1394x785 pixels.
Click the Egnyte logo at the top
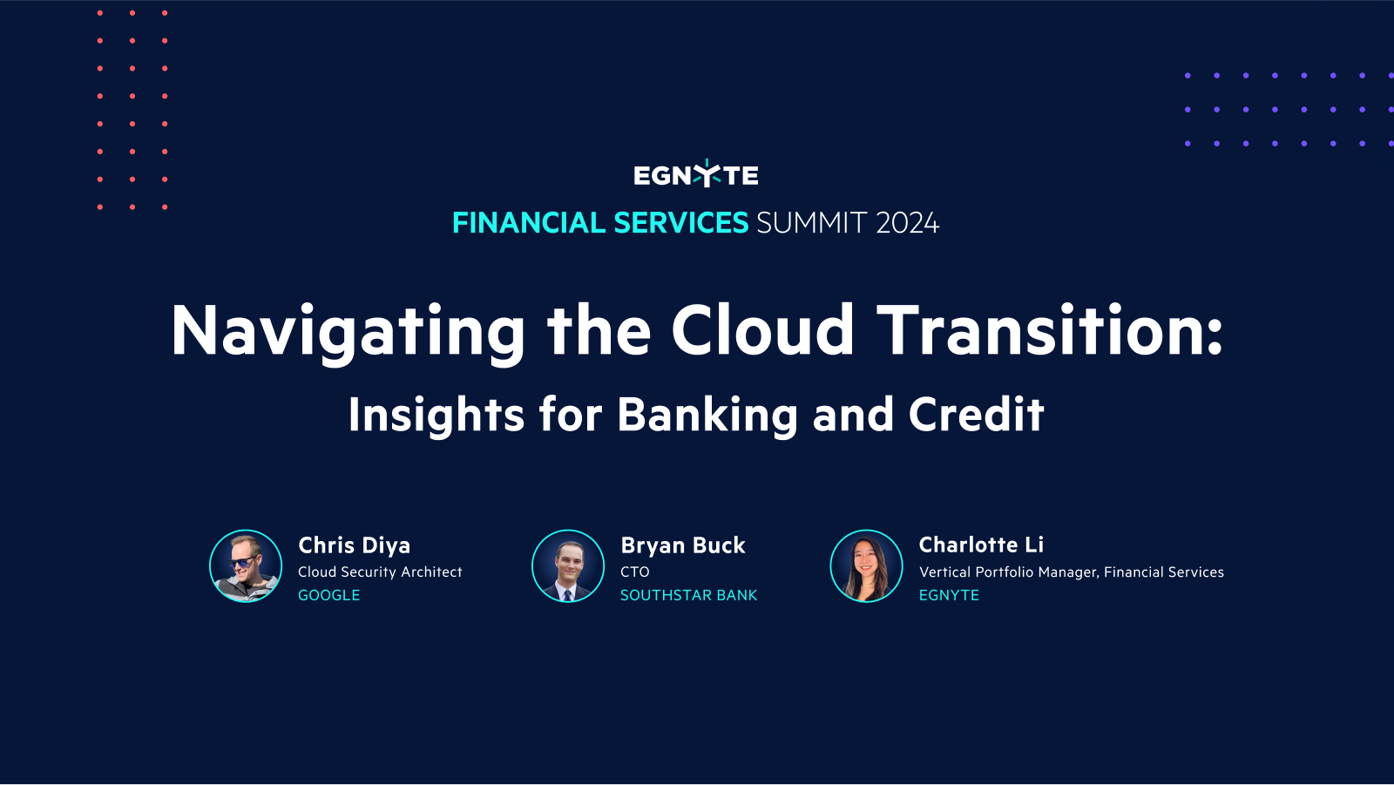coord(695,175)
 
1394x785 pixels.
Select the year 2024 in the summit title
coord(907,223)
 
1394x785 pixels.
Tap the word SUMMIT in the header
coord(811,223)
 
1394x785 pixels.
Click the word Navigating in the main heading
coord(348,332)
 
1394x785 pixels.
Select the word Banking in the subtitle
coord(707,416)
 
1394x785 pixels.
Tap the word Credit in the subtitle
coord(976,415)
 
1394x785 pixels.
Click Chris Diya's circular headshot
coord(246,566)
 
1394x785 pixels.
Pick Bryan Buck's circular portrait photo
coord(568,566)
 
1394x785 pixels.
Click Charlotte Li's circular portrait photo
coord(866,566)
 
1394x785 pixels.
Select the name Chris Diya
coord(354,545)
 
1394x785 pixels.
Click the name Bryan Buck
coord(683,545)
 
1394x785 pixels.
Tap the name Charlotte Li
coord(981,545)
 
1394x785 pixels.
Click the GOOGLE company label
coord(329,595)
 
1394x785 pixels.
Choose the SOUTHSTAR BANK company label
coord(688,595)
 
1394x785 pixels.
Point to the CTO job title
coord(635,572)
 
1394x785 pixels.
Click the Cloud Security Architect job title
coord(380,572)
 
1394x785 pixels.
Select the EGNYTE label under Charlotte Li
coord(949,595)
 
